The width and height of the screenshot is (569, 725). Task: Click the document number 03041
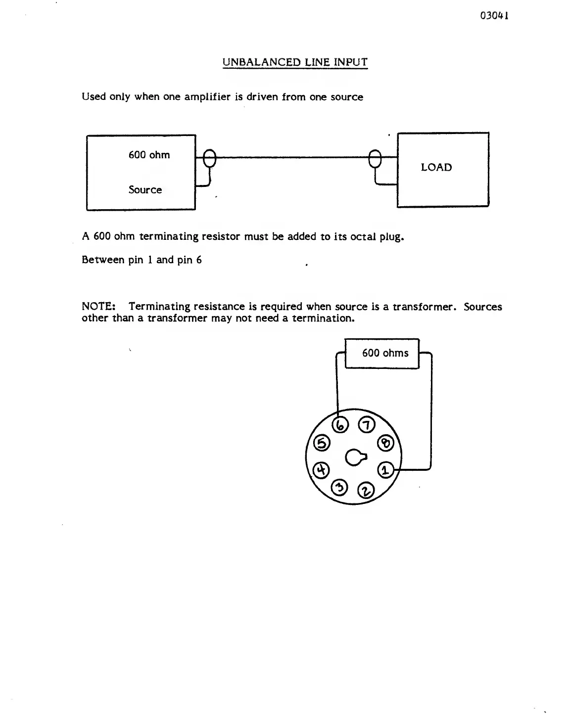[x=494, y=15]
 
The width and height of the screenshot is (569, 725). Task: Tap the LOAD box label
[x=436, y=168]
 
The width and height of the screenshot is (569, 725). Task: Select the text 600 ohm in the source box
[x=149, y=155]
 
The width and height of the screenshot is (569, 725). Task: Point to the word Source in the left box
[x=145, y=190]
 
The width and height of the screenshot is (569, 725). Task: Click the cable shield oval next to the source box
[x=210, y=158]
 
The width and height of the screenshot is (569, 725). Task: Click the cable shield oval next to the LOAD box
[x=376, y=159]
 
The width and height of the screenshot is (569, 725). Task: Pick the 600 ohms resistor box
[x=382, y=353]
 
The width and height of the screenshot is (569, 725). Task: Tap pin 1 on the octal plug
[x=387, y=469]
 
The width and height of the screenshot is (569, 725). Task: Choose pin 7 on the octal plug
[x=367, y=425]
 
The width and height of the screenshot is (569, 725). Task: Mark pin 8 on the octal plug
[x=385, y=443]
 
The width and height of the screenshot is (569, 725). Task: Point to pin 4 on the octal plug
[x=322, y=469]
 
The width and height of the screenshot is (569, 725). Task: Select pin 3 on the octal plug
[x=339, y=487]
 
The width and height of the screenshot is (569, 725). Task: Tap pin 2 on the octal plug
[x=367, y=491]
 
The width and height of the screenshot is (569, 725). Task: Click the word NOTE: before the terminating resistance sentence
[x=98, y=307]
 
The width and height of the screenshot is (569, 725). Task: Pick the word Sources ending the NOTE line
[x=482, y=307]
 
